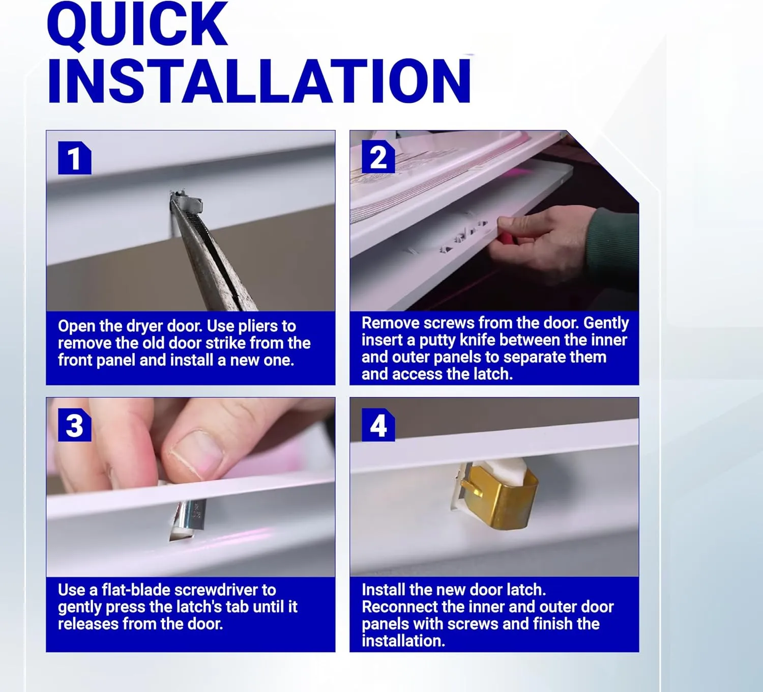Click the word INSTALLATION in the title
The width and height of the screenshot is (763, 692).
(259, 81)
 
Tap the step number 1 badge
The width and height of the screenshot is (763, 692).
(75, 158)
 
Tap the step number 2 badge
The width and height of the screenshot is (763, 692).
(378, 157)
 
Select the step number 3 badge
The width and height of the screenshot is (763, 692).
(75, 425)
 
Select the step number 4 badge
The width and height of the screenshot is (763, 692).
(378, 425)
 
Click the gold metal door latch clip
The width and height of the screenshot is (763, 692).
(500, 497)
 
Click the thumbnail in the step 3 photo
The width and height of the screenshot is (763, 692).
(196, 453)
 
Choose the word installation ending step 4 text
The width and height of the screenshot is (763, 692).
(403, 641)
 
